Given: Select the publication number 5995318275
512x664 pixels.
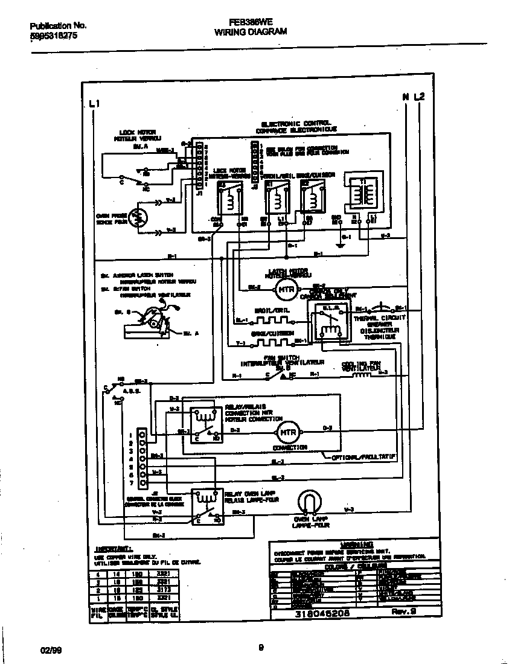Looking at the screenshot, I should click(x=54, y=36).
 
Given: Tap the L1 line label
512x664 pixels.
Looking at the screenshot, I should click(x=94, y=104).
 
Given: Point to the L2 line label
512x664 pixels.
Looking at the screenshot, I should click(x=420, y=97).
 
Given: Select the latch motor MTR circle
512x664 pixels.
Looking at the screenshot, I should click(x=287, y=289).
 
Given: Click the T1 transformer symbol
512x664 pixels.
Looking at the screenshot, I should click(x=362, y=191).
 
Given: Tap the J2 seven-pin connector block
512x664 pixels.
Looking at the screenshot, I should click(x=142, y=458).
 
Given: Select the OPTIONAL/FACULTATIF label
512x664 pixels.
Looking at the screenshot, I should click(x=363, y=458).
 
